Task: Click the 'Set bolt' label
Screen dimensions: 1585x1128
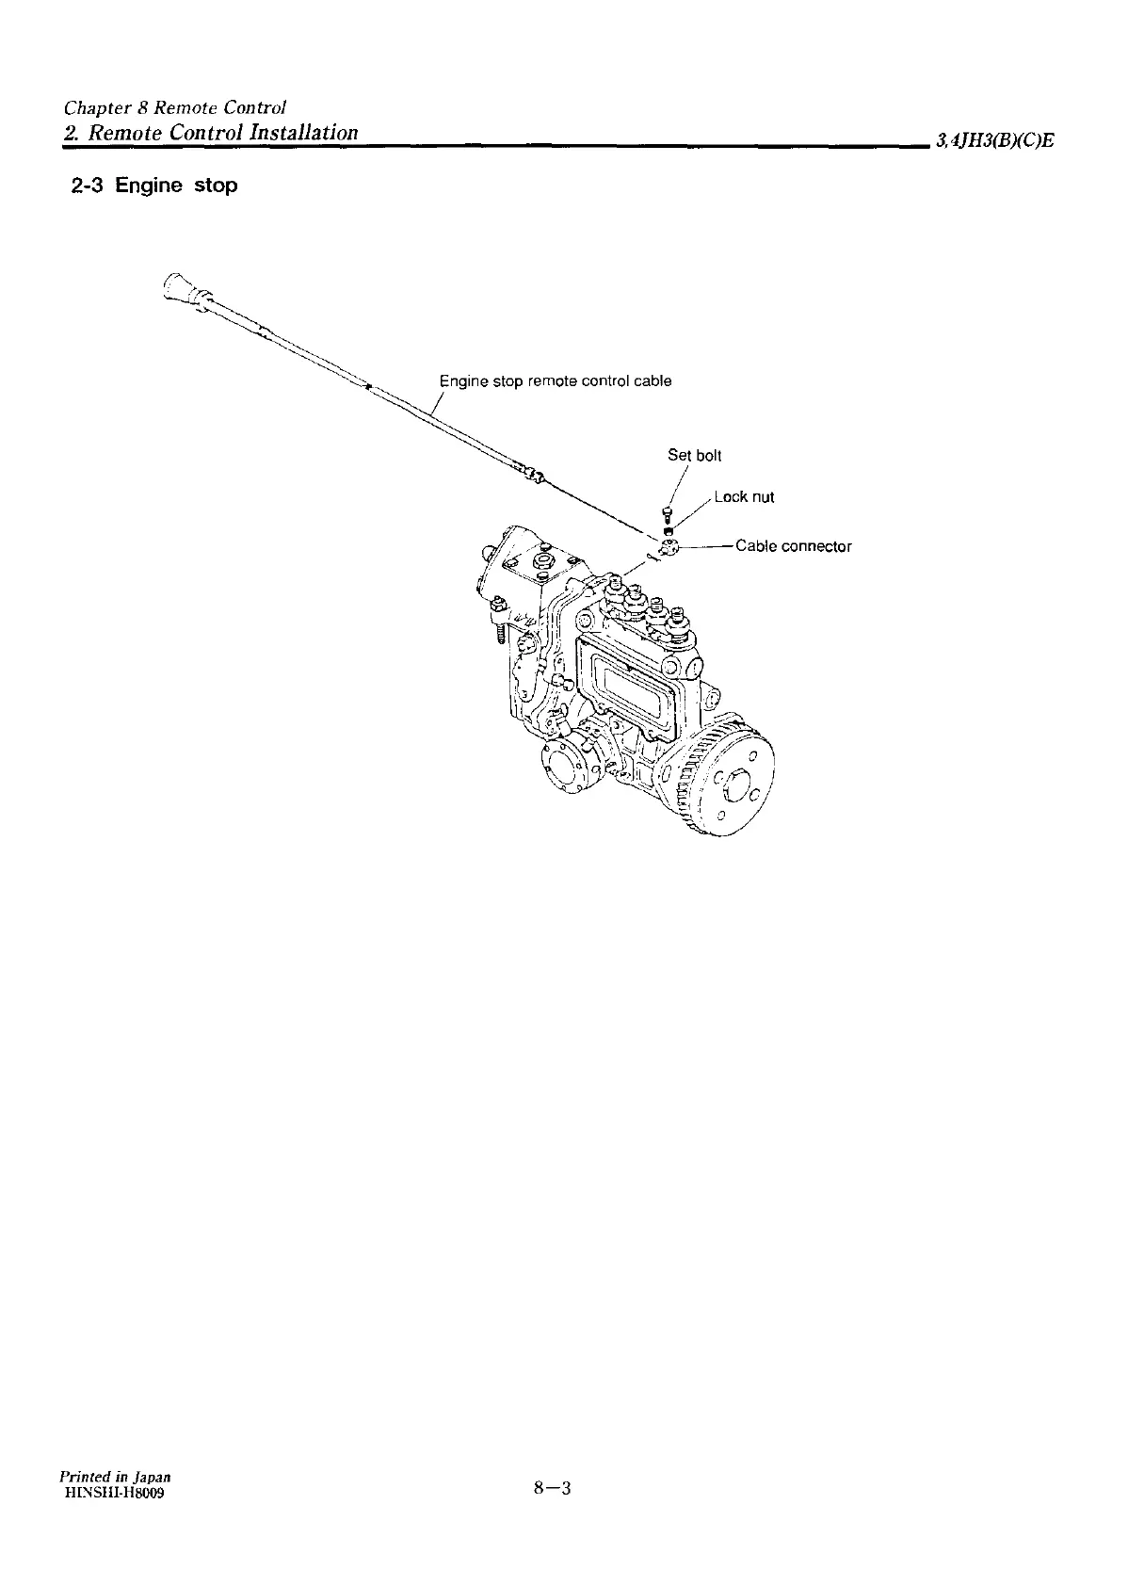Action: (x=694, y=456)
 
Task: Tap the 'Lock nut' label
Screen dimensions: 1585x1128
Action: (x=744, y=497)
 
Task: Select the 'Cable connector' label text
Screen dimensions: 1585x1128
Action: (x=793, y=546)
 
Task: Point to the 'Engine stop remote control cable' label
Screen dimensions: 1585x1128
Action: (x=556, y=381)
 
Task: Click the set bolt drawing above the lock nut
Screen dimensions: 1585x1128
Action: (x=667, y=515)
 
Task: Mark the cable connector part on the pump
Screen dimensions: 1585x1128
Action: (x=669, y=548)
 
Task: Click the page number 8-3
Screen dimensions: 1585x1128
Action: (x=553, y=1489)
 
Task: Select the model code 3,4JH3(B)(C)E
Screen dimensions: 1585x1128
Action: (x=993, y=141)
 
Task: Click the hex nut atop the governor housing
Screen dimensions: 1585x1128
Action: (x=543, y=563)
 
